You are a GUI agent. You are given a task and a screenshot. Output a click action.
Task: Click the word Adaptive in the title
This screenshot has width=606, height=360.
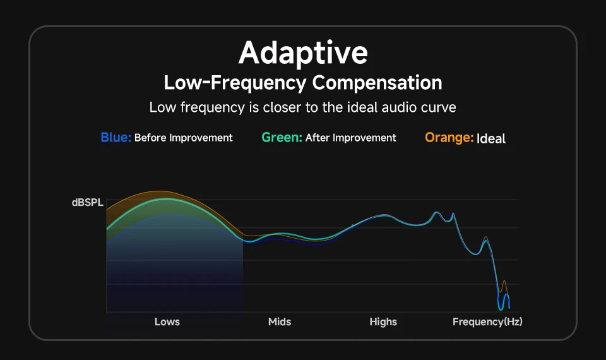[x=303, y=53]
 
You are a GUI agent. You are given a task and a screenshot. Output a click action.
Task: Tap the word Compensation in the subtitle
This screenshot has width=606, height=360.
[x=377, y=83]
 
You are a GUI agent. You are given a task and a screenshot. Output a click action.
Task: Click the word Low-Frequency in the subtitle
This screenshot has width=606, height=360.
[x=235, y=83]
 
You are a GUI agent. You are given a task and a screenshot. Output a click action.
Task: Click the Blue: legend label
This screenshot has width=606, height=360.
[x=116, y=138]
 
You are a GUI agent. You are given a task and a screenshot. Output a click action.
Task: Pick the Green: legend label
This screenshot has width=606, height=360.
[x=282, y=138]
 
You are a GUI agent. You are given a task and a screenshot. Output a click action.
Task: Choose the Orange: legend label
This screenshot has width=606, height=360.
[x=449, y=138]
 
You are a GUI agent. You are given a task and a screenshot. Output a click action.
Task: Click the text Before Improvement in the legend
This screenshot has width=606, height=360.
[x=184, y=138]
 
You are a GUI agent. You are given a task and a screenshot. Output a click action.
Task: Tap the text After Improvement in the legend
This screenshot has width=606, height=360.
[x=351, y=138]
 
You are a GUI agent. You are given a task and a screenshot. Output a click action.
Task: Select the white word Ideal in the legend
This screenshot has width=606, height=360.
[x=491, y=138]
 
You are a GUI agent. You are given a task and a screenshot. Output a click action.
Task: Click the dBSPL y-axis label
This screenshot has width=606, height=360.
[x=87, y=203]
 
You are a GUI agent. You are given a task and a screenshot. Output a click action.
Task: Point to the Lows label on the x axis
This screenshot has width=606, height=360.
[x=167, y=322]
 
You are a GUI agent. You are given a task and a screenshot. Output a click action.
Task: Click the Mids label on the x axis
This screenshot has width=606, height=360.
[x=280, y=322]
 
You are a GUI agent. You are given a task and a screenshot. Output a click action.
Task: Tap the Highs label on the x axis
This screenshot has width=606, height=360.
[x=383, y=322]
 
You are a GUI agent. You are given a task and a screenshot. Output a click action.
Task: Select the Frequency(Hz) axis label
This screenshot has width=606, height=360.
[x=487, y=322]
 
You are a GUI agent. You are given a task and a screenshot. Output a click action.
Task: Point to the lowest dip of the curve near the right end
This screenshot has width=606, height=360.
[x=501, y=309]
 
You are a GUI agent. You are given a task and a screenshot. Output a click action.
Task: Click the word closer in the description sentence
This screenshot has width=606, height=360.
[x=271, y=107]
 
